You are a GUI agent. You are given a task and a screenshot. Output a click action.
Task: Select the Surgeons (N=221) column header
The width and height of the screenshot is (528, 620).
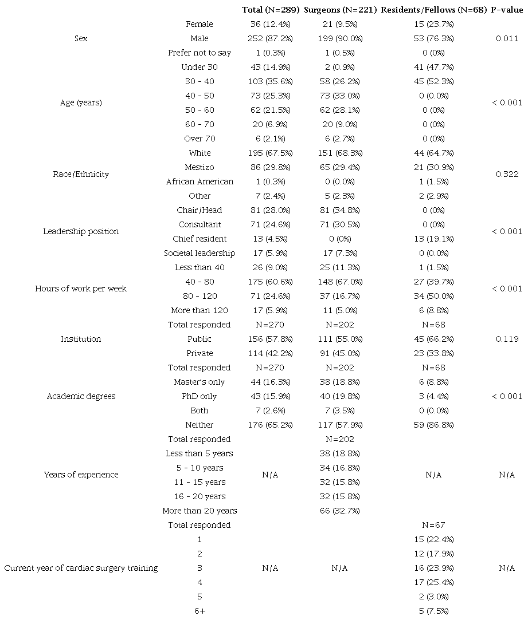(x=339, y=10)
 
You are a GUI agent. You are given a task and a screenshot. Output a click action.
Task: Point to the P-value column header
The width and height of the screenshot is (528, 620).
(x=507, y=10)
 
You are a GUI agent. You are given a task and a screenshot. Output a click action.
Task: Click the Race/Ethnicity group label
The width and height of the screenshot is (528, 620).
(x=81, y=174)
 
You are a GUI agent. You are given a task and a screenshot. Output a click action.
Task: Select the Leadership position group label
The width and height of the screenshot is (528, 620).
(x=81, y=231)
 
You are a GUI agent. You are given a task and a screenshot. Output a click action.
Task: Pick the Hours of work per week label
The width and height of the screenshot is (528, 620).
(x=81, y=289)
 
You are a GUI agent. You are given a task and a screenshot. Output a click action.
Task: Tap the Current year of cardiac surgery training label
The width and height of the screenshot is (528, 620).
(x=81, y=568)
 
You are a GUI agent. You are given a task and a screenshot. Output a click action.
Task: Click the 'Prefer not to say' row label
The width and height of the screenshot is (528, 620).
(x=200, y=53)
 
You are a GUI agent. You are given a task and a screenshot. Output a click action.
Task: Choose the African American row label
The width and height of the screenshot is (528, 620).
(x=200, y=181)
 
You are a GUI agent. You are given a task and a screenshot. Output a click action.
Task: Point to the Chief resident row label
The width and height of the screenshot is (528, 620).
(x=200, y=239)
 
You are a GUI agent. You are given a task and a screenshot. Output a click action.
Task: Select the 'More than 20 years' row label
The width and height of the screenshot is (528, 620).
(x=200, y=511)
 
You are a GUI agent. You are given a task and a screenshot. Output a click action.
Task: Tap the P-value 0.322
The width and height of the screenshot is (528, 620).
(x=507, y=174)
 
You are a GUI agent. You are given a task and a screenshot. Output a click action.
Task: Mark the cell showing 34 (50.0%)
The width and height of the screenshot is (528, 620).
(x=433, y=296)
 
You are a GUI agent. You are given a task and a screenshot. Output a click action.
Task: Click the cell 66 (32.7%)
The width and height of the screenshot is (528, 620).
(x=339, y=511)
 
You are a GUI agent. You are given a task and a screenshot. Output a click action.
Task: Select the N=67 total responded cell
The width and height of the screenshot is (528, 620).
(x=433, y=525)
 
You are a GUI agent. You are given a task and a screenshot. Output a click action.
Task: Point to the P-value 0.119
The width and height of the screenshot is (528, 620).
(x=507, y=339)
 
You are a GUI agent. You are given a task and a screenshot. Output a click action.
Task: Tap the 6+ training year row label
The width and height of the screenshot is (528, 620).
(x=200, y=611)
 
